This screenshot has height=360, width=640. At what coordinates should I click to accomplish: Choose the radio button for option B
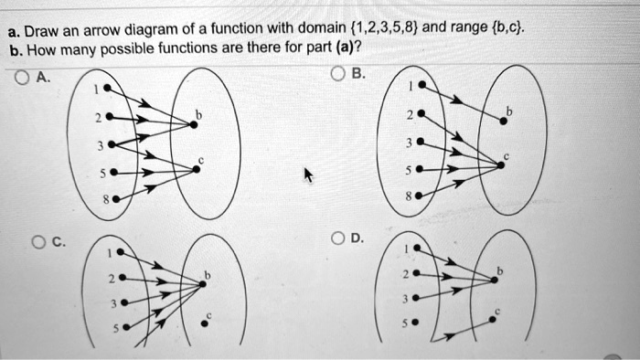point(338,73)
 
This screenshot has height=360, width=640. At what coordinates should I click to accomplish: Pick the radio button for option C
point(37,243)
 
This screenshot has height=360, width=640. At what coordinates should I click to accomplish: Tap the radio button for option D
point(338,240)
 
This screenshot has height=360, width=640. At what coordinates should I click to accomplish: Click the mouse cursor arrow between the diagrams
point(307,175)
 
